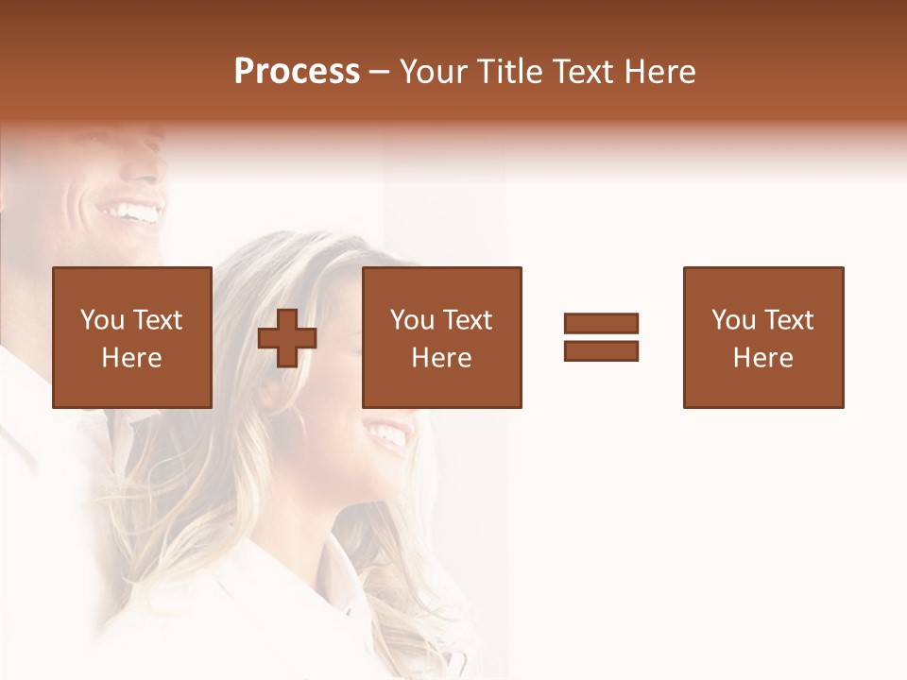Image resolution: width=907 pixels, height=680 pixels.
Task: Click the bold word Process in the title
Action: pyautogui.click(x=297, y=72)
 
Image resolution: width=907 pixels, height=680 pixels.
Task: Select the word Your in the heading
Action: pyautogui.click(x=436, y=72)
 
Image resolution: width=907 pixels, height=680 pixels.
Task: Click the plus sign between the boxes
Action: pyautogui.click(x=287, y=337)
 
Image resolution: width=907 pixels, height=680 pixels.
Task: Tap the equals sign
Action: pyautogui.click(x=601, y=337)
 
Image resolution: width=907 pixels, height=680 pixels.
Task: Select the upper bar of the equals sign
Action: pyautogui.click(x=601, y=324)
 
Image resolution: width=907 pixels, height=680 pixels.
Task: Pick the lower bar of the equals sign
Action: pyautogui.click(x=601, y=350)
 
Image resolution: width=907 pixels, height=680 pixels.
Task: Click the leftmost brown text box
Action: pyautogui.click(x=131, y=337)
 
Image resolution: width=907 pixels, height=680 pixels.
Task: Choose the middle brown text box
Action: pyautogui.click(x=441, y=337)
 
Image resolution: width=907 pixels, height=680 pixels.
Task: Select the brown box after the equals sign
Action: pyautogui.click(x=762, y=337)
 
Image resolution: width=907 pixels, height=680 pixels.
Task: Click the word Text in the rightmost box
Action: pyautogui.click(x=788, y=320)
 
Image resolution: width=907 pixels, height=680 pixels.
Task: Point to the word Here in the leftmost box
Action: pyautogui.click(x=131, y=358)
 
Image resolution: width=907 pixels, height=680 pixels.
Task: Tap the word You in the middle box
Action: pyautogui.click(x=413, y=320)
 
